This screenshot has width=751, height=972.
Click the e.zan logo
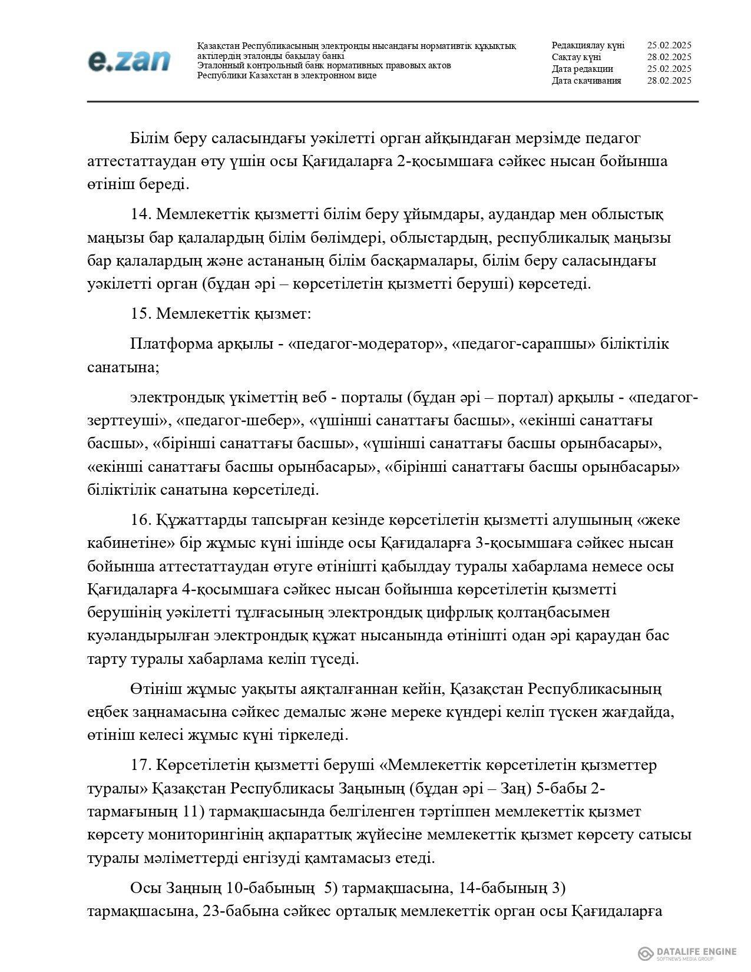tap(129, 61)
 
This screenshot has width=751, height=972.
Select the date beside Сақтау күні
tap(669, 57)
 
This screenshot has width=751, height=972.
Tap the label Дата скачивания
tap(586, 81)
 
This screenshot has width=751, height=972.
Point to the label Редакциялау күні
tap(588, 45)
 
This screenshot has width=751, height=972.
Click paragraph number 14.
tap(141, 214)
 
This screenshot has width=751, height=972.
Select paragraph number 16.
tap(141, 520)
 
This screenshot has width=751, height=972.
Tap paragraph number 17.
tap(141, 765)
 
